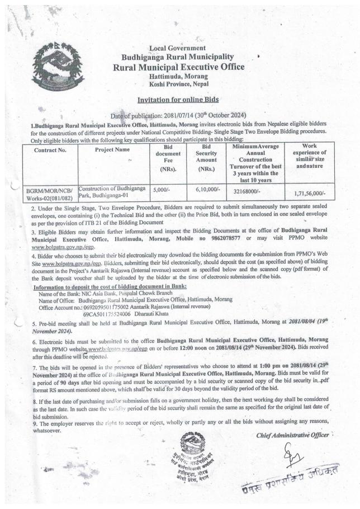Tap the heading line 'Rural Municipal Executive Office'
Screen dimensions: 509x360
pos(178,67)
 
